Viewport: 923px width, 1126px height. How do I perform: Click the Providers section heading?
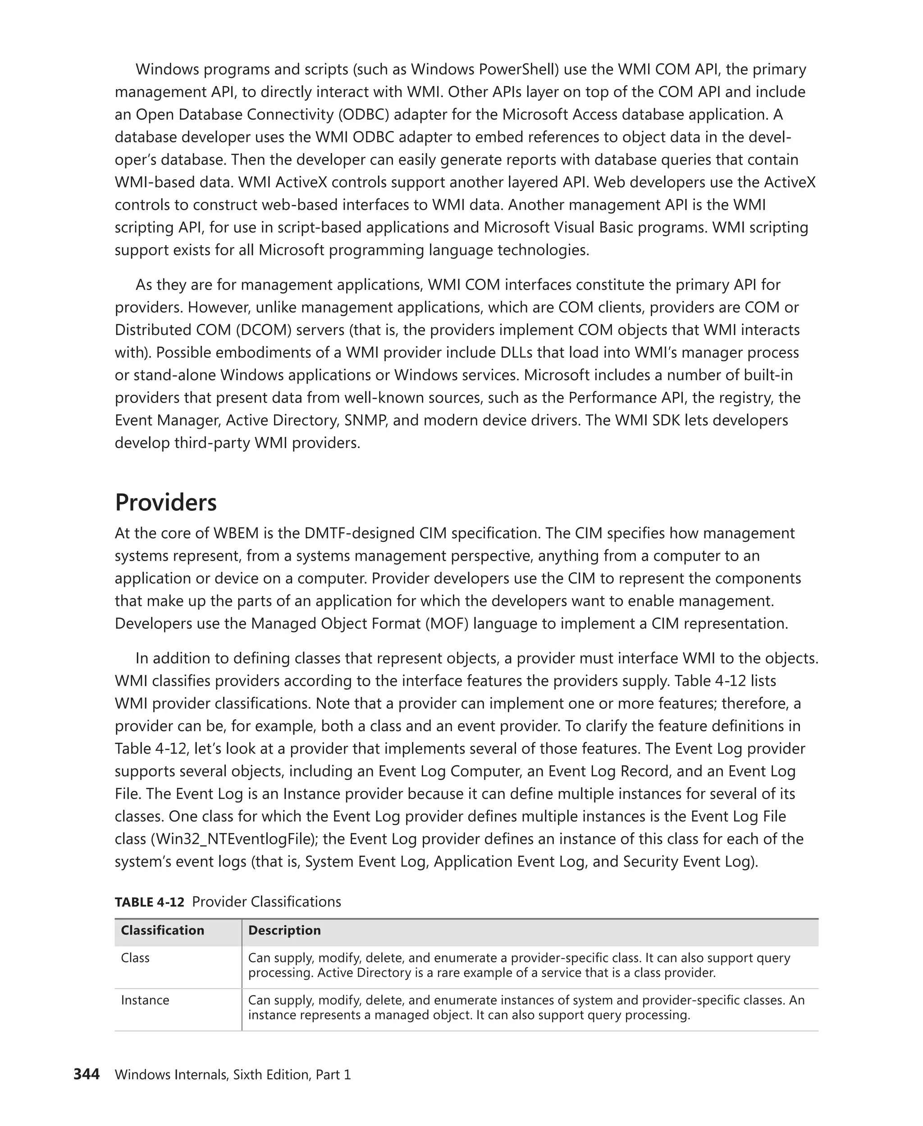point(165,502)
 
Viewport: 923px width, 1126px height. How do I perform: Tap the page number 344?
point(86,1075)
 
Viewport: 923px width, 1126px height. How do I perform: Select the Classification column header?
point(162,930)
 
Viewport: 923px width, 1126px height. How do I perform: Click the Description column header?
point(284,930)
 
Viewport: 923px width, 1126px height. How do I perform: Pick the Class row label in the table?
point(135,958)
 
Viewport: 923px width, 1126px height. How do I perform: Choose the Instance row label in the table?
point(145,999)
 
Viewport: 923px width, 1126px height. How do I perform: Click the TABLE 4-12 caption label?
point(150,902)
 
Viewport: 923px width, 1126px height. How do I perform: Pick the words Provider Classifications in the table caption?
point(266,902)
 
